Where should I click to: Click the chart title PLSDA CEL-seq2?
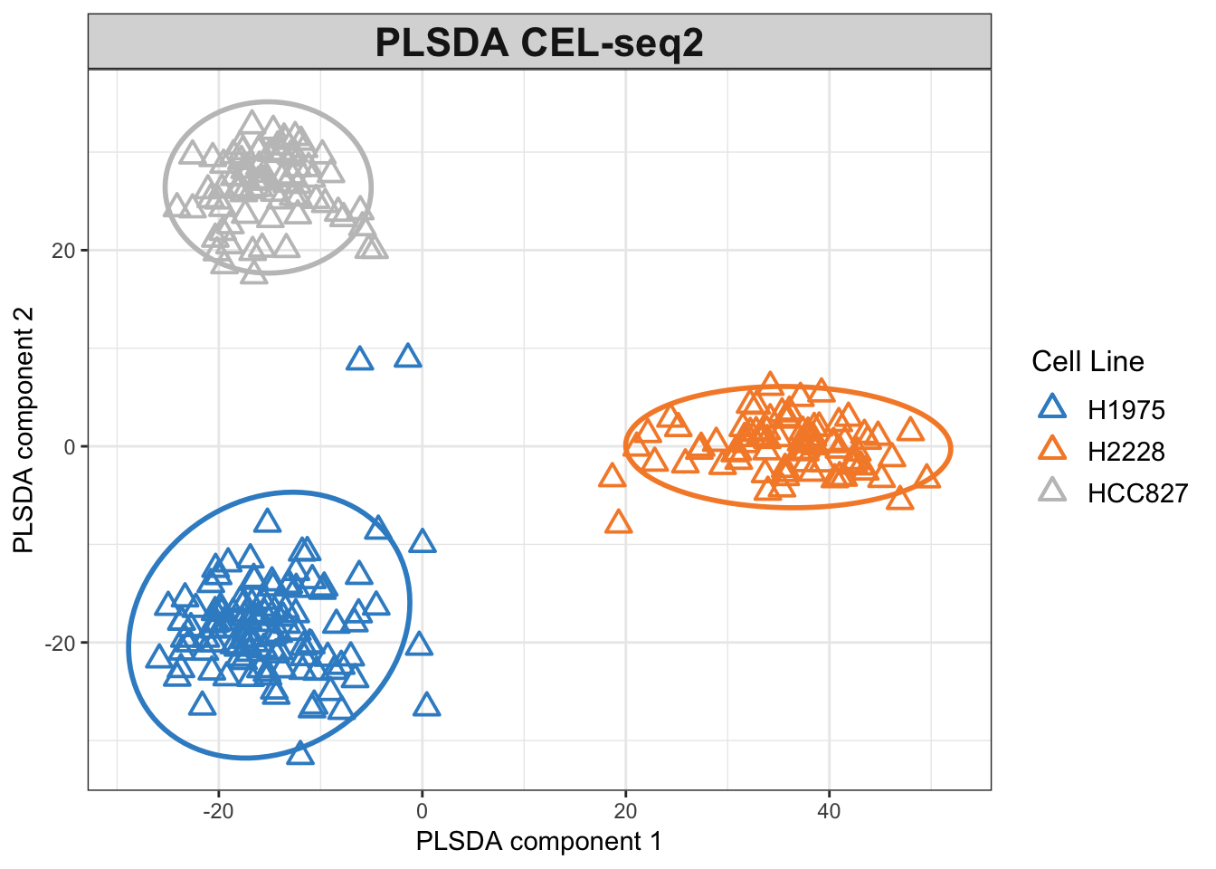click(x=539, y=43)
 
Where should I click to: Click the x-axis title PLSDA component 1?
click(x=538, y=842)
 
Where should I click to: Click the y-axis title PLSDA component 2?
click(x=24, y=430)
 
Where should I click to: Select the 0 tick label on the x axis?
click(x=422, y=810)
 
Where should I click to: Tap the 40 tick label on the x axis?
click(x=829, y=810)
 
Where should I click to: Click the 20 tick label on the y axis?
click(x=63, y=251)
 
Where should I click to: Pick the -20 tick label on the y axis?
click(x=60, y=643)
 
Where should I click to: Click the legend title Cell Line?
click(x=1088, y=362)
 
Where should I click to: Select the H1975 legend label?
click(x=1126, y=410)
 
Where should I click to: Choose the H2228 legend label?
click(x=1126, y=452)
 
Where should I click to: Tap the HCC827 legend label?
click(x=1137, y=493)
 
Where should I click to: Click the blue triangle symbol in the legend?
click(x=1052, y=408)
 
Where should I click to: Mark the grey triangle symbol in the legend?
click(x=1052, y=492)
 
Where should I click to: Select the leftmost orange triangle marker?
click(x=613, y=476)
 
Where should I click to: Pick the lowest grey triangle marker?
click(x=254, y=272)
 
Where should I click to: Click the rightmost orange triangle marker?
click(x=927, y=477)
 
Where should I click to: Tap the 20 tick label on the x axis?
click(x=625, y=810)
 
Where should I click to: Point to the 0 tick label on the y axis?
click(x=70, y=447)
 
